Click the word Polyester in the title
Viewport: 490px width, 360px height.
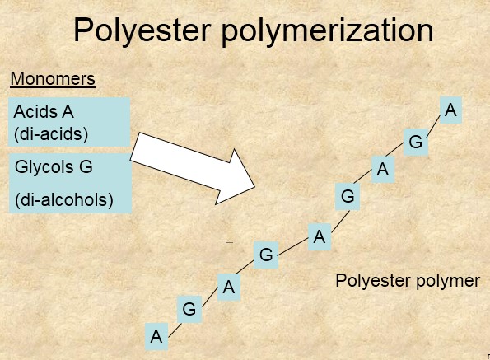click(142, 30)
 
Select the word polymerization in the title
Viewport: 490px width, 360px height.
click(327, 30)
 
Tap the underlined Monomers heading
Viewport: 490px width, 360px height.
click(53, 79)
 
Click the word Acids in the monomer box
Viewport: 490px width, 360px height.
click(35, 111)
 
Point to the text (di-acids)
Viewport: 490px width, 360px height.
click(51, 134)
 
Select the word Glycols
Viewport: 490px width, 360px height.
click(44, 166)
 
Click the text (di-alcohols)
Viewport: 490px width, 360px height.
click(64, 200)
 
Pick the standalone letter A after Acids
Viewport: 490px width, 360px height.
click(68, 112)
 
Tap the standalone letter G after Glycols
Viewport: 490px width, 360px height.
click(86, 166)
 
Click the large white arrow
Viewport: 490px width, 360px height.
click(193, 168)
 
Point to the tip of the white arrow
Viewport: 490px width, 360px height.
click(255, 187)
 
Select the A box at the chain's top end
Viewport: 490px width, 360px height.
click(450, 110)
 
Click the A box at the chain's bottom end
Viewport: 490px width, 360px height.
click(156, 337)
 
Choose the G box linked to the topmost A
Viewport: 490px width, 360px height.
click(416, 142)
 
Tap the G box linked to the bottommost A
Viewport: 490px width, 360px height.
click(189, 310)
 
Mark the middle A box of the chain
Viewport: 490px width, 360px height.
click(320, 237)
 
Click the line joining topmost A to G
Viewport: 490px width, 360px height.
click(434, 125)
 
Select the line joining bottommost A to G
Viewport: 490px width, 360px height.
click(175, 330)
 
